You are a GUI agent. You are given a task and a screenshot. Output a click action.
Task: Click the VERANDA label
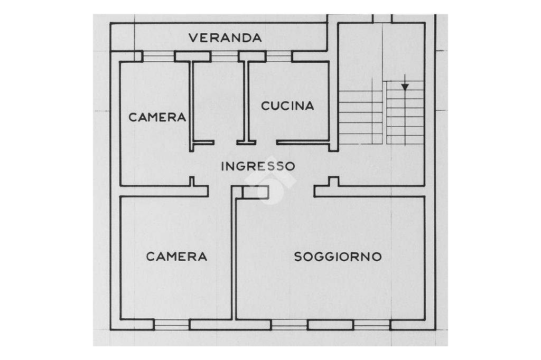226,38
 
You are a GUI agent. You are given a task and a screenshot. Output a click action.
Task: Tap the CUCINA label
287,106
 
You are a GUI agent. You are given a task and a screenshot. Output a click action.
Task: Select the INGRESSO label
258,166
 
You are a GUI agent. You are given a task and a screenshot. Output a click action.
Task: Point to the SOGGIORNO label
338,257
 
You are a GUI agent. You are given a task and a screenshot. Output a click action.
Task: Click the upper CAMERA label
157,117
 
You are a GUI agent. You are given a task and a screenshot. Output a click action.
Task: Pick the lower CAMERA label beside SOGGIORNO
176,257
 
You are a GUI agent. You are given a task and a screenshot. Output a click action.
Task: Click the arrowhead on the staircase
405,87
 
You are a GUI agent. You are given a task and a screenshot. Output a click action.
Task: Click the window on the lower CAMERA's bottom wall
172,325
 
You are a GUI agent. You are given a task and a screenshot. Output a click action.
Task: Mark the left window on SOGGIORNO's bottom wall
290,325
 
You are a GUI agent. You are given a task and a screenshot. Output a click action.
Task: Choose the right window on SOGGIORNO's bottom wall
372,325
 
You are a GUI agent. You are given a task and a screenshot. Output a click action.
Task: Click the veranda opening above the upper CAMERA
158,56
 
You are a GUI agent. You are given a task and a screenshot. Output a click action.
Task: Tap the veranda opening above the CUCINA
278,56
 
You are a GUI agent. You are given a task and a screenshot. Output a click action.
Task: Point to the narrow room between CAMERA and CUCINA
218,100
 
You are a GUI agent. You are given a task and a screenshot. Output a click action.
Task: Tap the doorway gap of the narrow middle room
226,142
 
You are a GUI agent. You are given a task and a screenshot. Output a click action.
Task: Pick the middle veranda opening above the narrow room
225,56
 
